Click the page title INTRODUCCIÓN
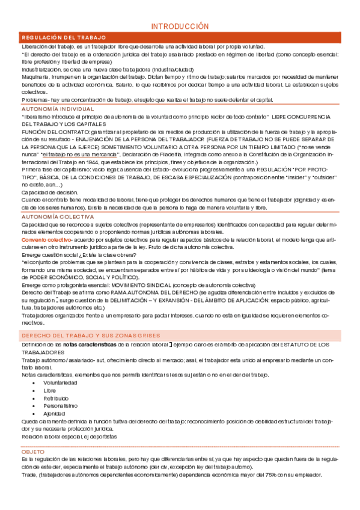click(x=180, y=26)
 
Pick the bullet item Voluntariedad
click(x=59, y=382)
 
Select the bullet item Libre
click(x=50, y=390)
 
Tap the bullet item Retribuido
click(x=56, y=398)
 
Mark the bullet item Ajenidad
click(x=54, y=414)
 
